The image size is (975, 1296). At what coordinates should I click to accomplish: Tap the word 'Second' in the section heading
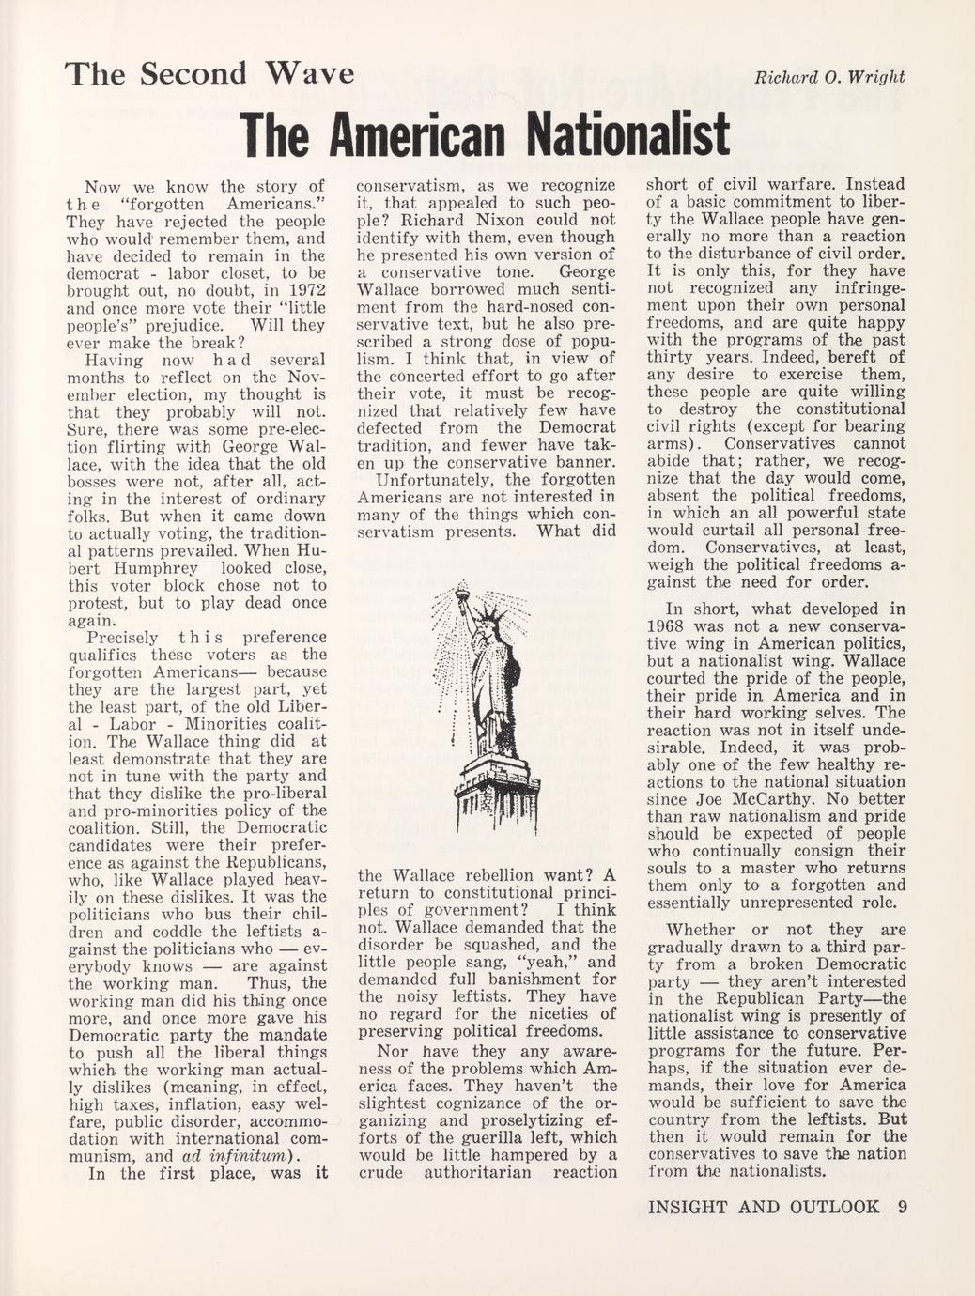pos(193,73)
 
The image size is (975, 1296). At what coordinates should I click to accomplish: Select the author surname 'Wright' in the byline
pos(876,77)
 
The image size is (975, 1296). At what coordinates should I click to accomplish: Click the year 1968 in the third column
pos(671,626)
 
